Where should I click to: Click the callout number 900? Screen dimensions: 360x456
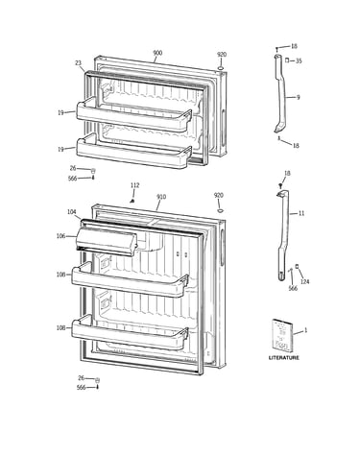click(x=157, y=53)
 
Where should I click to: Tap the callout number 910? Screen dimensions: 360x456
click(x=161, y=197)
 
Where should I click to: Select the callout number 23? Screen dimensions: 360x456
click(x=79, y=63)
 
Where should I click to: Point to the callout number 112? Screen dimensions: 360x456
click(x=134, y=185)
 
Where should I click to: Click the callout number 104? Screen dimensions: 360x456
click(x=72, y=212)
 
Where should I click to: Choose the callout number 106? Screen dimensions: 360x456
click(x=60, y=236)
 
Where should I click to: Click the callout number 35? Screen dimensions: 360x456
click(x=299, y=60)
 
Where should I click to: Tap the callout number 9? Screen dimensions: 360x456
click(x=299, y=97)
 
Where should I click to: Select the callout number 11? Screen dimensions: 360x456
click(x=301, y=213)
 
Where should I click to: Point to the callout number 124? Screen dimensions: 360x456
click(x=304, y=281)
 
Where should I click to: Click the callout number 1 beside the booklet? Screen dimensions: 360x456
click(x=305, y=330)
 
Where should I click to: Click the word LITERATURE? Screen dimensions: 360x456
click(x=284, y=358)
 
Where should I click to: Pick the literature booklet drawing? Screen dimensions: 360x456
click(x=282, y=335)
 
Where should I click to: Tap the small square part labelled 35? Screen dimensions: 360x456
click(x=287, y=60)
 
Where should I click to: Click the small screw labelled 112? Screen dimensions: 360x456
click(x=132, y=201)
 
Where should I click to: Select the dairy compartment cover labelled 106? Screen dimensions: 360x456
click(x=107, y=240)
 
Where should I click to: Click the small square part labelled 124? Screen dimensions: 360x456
click(x=297, y=266)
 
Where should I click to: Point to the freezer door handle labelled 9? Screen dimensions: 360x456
click(x=280, y=94)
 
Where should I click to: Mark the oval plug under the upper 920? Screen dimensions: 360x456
click(x=221, y=68)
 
